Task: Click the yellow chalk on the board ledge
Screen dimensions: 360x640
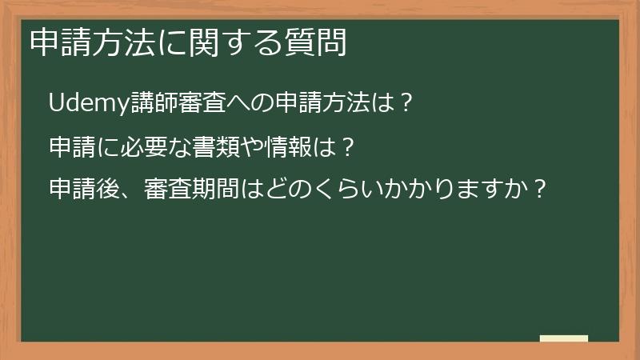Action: (564, 338)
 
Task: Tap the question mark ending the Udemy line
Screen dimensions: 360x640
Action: (406, 104)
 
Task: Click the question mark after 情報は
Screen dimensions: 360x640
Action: (347, 147)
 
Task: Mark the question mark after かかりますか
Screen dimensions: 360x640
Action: (539, 190)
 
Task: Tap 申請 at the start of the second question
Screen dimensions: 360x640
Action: (73, 147)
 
